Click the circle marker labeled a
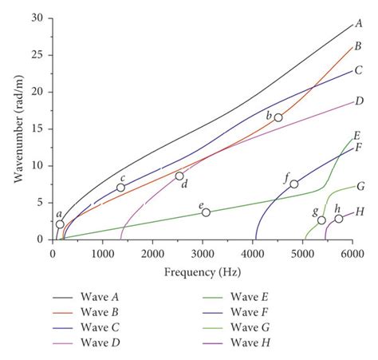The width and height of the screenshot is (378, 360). coord(60,224)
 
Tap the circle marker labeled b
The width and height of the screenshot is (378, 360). coord(278,117)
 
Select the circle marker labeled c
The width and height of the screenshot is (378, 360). coord(120,188)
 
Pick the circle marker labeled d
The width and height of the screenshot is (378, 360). coord(179,176)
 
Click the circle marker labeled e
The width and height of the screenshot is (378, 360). coord(206,212)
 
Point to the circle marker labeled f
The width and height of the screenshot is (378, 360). coord(294,184)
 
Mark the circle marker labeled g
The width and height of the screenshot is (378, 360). coord(321,220)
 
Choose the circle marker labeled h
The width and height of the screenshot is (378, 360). coord(339,219)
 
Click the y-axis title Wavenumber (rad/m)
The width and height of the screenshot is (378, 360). coord(17,129)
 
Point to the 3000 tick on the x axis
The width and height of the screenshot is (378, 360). coord(203,253)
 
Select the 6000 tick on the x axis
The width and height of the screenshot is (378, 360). coord(352,253)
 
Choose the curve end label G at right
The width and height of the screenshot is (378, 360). coord(360,187)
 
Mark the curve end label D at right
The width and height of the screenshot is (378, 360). coord(360,101)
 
